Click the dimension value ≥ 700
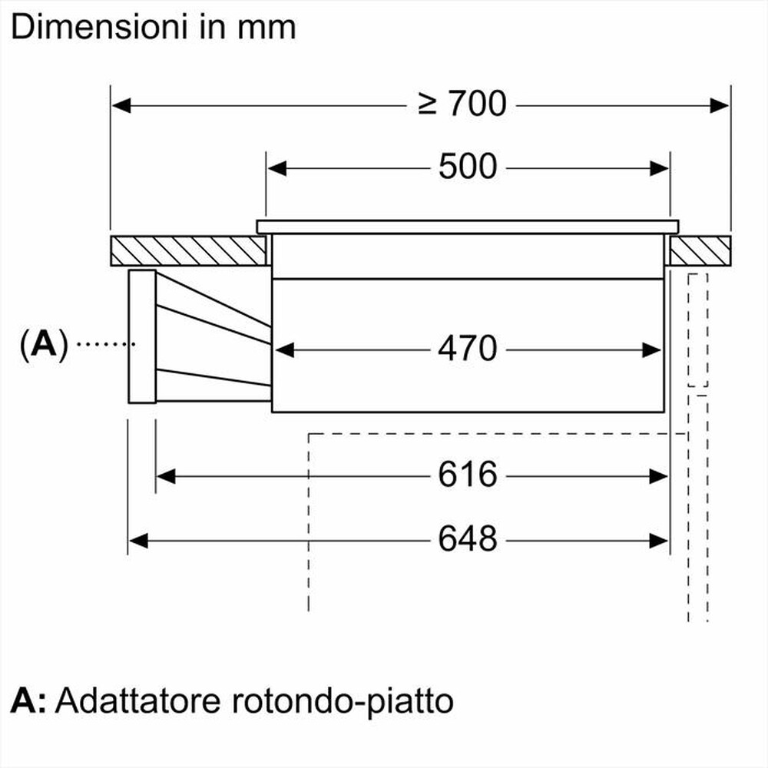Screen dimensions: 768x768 coord(462,104)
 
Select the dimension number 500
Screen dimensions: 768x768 coord(468,167)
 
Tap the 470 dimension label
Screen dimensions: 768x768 coord(468,349)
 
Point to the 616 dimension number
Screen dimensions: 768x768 coord(468,475)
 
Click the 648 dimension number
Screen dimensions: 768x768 coord(468,540)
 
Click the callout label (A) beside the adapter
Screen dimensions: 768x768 coord(45,345)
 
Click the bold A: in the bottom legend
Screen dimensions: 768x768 coord(29,700)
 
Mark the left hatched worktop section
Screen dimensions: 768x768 coord(188,251)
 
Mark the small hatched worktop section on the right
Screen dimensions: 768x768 coord(699,251)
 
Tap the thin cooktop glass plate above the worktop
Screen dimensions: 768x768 coord(467,227)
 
